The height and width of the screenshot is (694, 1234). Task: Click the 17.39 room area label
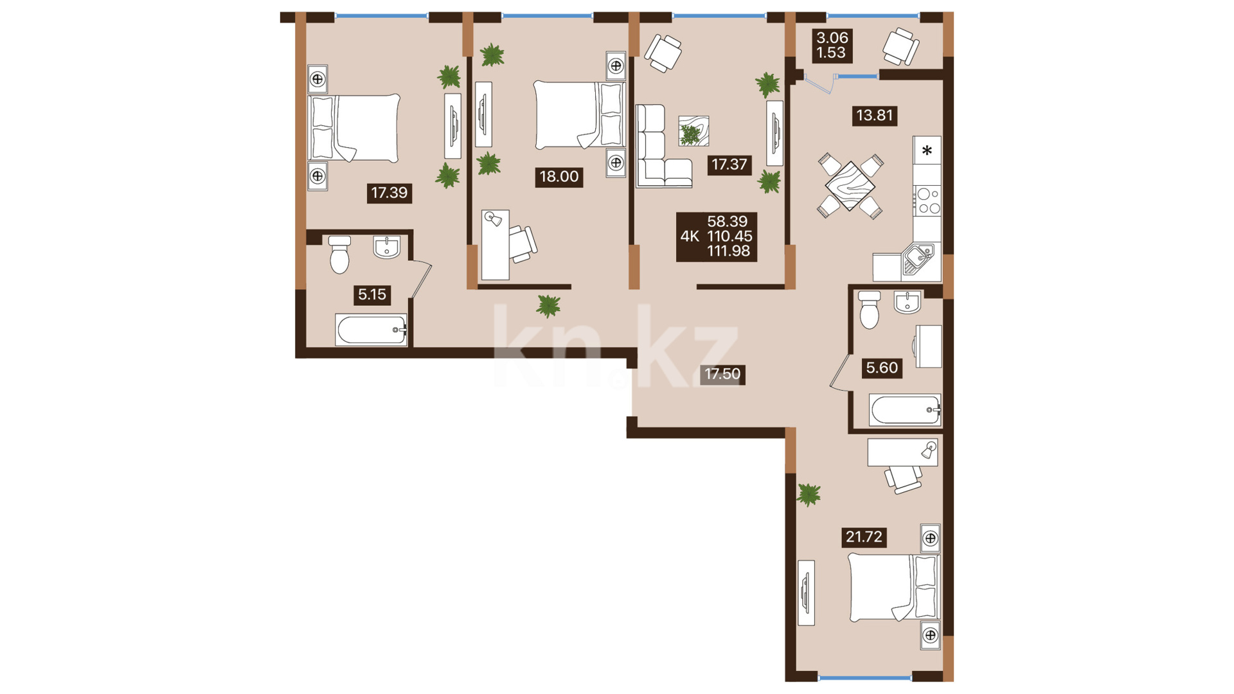point(389,192)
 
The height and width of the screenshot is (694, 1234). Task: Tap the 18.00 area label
point(559,177)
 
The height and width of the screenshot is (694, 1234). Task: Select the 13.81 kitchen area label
point(874,116)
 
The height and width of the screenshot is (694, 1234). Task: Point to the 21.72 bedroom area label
point(864,537)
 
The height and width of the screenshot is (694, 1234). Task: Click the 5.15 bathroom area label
point(371,295)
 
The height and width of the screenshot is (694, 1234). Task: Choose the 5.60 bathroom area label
point(882,368)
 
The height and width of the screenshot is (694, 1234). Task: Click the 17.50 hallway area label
point(722,374)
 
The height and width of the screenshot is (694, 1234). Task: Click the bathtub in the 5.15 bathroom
point(371,330)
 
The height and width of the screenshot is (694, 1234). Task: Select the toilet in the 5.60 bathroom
point(869,310)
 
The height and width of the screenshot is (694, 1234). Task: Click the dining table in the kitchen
point(850,186)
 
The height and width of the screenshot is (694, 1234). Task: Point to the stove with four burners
point(927,200)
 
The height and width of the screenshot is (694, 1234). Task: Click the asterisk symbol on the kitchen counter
point(927,151)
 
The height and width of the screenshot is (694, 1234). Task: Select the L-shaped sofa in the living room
point(662,147)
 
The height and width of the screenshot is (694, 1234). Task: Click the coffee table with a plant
point(693,131)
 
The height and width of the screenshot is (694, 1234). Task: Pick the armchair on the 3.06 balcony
point(900,46)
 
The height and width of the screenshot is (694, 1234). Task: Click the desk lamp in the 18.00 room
point(493,219)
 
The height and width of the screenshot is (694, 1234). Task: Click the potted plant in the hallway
point(549,307)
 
